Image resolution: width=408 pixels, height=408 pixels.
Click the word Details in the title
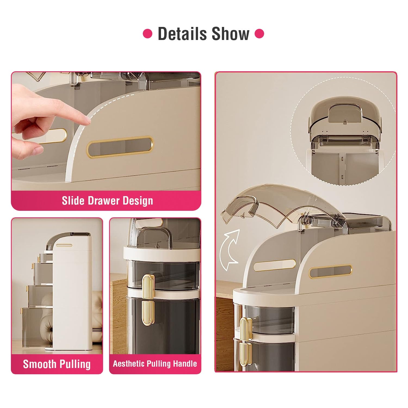point(182,34)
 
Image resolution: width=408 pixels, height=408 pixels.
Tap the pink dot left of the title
point(147,34)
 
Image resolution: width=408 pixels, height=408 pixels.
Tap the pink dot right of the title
point(259,34)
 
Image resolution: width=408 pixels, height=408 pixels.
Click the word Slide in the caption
point(71,201)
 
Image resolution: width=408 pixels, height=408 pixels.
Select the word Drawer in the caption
point(104,201)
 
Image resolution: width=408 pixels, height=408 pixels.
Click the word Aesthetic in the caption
point(129,364)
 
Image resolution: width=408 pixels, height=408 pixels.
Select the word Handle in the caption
point(186,364)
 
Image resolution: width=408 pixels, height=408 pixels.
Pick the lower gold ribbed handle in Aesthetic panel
point(148,313)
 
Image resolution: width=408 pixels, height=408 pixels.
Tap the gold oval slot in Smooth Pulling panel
point(64,245)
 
